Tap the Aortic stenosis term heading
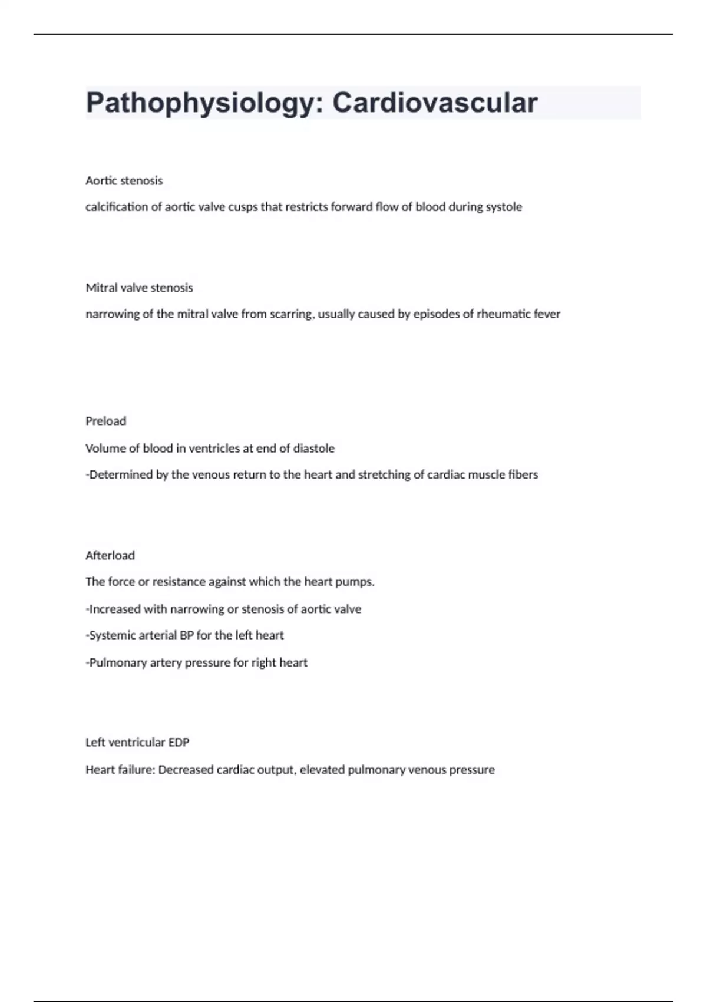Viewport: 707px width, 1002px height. (x=124, y=180)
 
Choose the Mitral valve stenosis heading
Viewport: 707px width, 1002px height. (x=139, y=288)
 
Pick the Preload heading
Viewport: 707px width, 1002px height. (x=105, y=421)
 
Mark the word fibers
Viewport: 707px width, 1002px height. (x=523, y=474)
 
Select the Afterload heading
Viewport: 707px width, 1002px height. (x=110, y=555)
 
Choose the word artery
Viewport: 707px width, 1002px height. (x=166, y=662)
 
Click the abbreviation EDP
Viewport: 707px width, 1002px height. (x=179, y=743)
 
